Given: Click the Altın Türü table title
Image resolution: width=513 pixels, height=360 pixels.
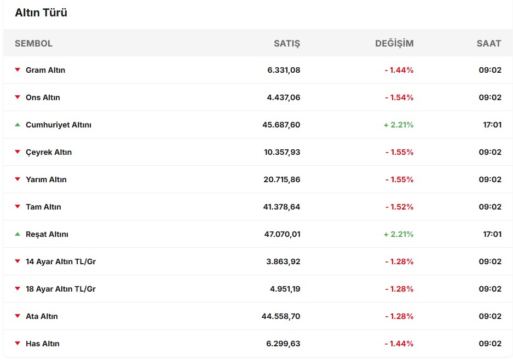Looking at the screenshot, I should coord(41,13).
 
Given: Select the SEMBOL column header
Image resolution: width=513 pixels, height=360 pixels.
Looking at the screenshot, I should coord(33,43).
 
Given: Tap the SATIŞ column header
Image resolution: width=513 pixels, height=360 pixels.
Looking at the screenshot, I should coord(287,43).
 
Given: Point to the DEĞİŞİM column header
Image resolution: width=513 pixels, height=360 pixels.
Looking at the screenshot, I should coord(394,43).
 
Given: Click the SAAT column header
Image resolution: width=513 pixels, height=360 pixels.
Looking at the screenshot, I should coord(489,43).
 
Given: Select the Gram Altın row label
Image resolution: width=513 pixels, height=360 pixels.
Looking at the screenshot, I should coord(45,70).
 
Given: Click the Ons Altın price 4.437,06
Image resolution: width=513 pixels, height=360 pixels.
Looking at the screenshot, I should coord(284,97).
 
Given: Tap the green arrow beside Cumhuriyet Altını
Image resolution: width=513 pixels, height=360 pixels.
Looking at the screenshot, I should coord(18,125).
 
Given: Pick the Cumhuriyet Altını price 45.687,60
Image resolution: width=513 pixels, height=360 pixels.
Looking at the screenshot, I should coord(281,125).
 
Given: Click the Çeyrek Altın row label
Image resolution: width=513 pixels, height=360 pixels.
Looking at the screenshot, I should coord(49,152).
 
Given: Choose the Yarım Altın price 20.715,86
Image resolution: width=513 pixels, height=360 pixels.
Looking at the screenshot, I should coord(281,179).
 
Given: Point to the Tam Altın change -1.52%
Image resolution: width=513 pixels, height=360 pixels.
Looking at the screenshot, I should coord(399,207).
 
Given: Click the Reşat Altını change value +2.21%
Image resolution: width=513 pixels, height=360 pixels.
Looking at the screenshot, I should coord(399,234).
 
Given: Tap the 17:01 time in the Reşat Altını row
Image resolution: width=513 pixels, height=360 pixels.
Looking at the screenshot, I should coord(492,234).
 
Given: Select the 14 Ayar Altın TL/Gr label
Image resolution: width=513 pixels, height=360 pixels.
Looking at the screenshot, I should coord(61,262).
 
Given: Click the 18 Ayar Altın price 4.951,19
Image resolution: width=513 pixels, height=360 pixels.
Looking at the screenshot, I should coord(285,289).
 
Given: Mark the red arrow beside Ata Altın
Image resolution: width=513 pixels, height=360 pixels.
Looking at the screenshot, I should coord(18,316).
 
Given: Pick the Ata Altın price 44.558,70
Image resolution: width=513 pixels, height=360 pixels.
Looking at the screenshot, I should coord(281,316).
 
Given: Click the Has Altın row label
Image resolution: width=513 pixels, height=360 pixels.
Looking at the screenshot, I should coord(43,344).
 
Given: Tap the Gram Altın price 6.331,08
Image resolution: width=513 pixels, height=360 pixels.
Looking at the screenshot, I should coord(284,70).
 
